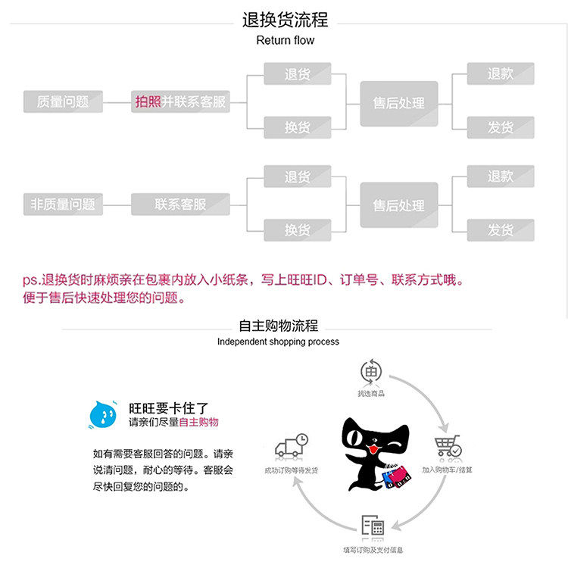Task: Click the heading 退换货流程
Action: [285, 20]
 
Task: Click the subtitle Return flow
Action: [285, 40]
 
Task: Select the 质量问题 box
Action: [63, 101]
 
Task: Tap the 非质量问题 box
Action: [63, 204]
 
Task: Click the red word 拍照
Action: [148, 101]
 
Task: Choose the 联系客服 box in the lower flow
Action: [180, 204]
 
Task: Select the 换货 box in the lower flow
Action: [297, 230]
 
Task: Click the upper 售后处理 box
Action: [398, 103]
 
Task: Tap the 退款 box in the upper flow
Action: [500, 74]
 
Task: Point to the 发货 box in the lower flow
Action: [500, 230]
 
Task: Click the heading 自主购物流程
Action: [278, 326]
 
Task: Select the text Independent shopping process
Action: [278, 342]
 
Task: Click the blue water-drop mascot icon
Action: [102, 414]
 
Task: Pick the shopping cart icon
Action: [448, 447]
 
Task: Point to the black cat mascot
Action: [374, 454]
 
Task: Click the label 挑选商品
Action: [371, 394]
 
